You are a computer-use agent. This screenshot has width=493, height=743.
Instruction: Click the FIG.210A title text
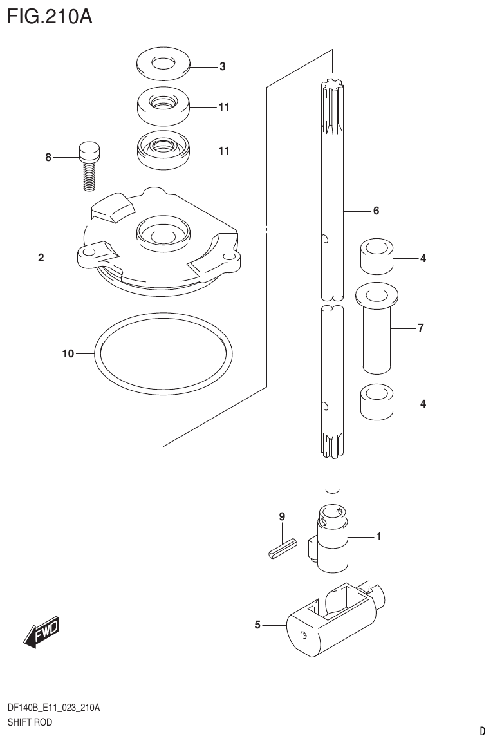[49, 16]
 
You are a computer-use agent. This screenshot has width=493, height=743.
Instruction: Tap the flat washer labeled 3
[163, 64]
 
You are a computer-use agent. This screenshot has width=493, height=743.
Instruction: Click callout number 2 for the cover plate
[41, 258]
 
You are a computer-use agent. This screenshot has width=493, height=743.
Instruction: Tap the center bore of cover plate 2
[163, 231]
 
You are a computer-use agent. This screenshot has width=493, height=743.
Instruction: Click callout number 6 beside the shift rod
[377, 211]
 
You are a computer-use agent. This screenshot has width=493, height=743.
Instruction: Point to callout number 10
[68, 353]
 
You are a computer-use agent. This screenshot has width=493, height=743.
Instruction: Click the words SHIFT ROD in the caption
[30, 722]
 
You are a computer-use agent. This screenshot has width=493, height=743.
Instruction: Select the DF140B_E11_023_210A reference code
[53, 708]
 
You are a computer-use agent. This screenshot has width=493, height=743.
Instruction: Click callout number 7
[420, 328]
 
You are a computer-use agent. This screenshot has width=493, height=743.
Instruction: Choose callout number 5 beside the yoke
[257, 624]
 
